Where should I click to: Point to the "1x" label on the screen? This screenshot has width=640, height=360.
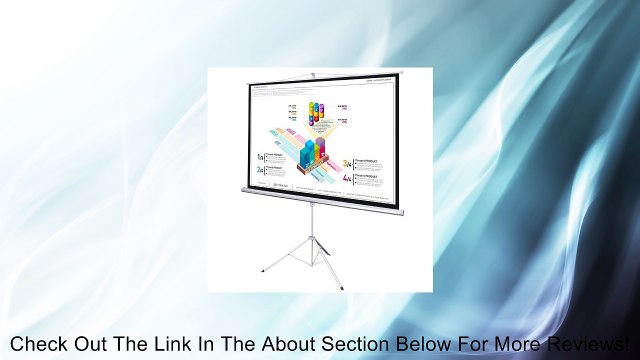click(260, 158)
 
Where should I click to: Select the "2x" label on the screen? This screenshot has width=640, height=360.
click(260, 171)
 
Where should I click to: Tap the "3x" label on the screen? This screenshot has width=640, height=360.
click(347, 161)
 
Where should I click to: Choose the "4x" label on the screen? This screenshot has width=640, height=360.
click(347, 178)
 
